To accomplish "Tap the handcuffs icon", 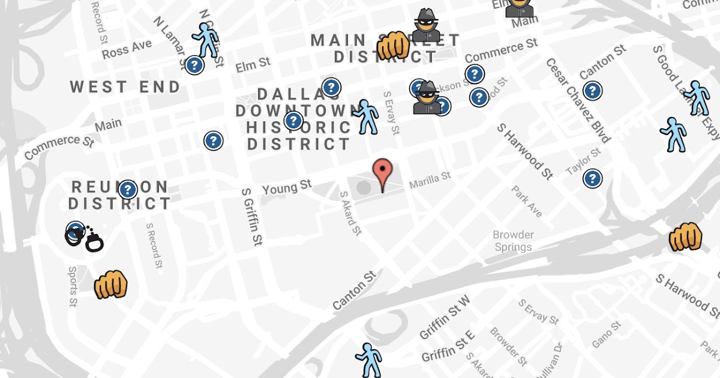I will pos(84,238).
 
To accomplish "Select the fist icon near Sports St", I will pos(111,284).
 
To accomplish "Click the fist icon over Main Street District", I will pos(393,46).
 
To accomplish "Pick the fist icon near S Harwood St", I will pos(685,237).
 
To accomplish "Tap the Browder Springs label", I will pos(513,241).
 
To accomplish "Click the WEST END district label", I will pos(125,87).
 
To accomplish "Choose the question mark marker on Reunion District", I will pos(128,190).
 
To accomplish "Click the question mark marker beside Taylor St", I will pos(592,178).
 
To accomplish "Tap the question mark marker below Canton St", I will pos(592,91).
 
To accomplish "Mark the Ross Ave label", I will pos(127,49).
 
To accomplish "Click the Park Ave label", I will pos(527,202).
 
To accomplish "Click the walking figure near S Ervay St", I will pos(366,116).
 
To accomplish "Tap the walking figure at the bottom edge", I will pos(368,360).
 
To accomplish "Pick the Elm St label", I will pos(253,64).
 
